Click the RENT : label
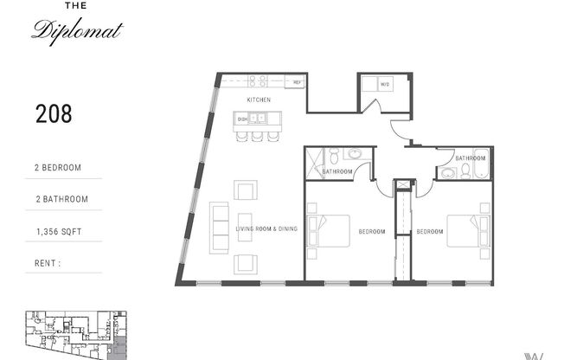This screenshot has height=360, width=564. [48, 262]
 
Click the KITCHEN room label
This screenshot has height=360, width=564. [259, 100]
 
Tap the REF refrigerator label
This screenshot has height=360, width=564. [296, 83]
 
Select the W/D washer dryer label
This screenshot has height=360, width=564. [385, 84]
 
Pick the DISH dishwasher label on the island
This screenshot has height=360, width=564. [242, 119]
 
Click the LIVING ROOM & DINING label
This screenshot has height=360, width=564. [266, 229]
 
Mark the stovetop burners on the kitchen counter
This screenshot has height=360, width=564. [258, 82]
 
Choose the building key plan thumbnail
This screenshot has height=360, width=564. [74, 335]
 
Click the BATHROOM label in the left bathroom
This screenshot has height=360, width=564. [337, 171]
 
